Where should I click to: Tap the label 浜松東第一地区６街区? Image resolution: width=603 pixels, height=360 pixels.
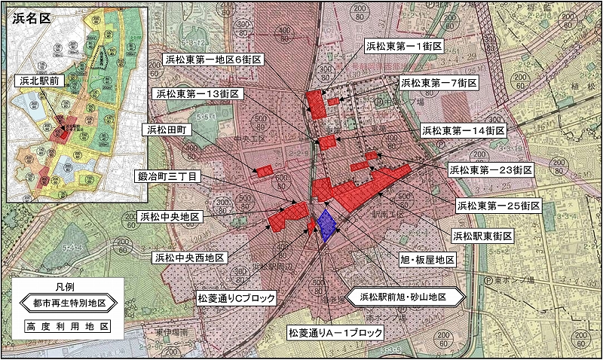pyautogui.click(x=215, y=59)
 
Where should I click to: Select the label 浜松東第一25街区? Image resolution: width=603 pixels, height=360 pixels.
pyautogui.click(x=498, y=204)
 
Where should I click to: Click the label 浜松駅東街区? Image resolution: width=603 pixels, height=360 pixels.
pyautogui.click(x=482, y=236)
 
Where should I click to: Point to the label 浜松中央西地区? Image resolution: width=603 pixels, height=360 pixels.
pyautogui.click(x=189, y=258)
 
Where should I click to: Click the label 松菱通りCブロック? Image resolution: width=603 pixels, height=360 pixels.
pyautogui.click(x=236, y=297)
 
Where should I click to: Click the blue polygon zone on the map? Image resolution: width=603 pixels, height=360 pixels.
pyautogui.click(x=326, y=224)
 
